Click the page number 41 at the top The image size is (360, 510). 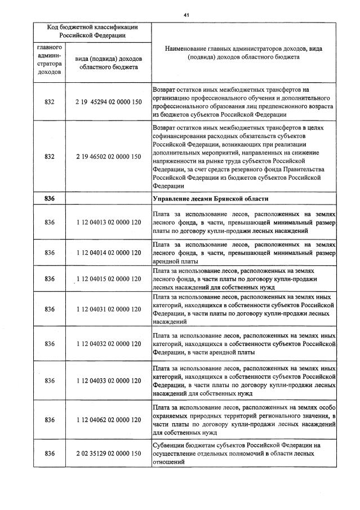[x=185, y=15]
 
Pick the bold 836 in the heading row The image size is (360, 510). [x=49, y=198]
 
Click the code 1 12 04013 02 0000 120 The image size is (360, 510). [x=108, y=223]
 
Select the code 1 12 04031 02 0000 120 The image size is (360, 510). [x=108, y=309]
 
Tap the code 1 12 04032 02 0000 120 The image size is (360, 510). [x=108, y=344]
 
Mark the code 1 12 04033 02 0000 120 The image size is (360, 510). [x=108, y=380]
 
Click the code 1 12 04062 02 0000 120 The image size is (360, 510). [x=108, y=419]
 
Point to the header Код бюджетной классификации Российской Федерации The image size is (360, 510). [x=92, y=31]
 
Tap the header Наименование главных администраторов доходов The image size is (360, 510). [x=243, y=53]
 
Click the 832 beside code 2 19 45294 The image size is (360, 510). [x=49, y=102]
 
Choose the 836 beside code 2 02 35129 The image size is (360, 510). [x=49, y=453]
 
